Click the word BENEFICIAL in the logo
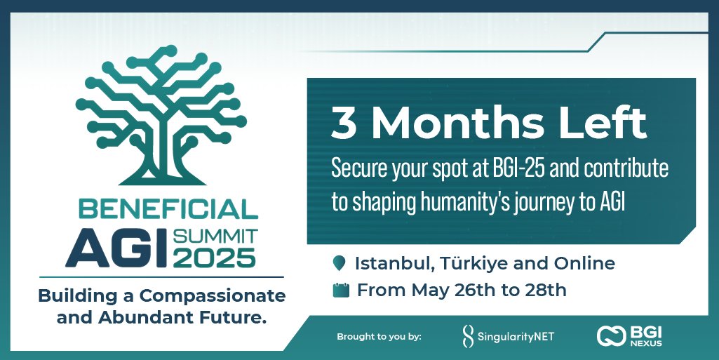point(163,208)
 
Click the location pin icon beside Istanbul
point(340,265)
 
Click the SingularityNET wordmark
point(516,337)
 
